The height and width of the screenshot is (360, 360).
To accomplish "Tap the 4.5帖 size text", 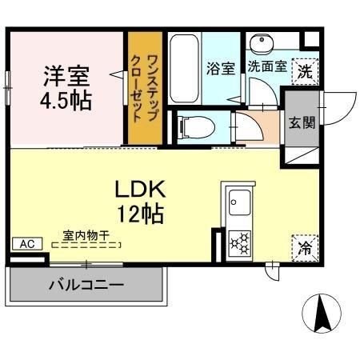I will [66, 101].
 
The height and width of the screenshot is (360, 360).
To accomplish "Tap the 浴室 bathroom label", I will [220, 68].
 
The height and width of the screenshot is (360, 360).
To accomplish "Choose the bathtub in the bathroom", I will [184, 68].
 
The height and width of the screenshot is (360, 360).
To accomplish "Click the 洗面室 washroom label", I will [266, 67].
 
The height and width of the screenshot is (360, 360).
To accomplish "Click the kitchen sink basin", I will [239, 200].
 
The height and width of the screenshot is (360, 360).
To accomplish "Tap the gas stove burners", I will [239, 241].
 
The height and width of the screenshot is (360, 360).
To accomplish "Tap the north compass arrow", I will [322, 314].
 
